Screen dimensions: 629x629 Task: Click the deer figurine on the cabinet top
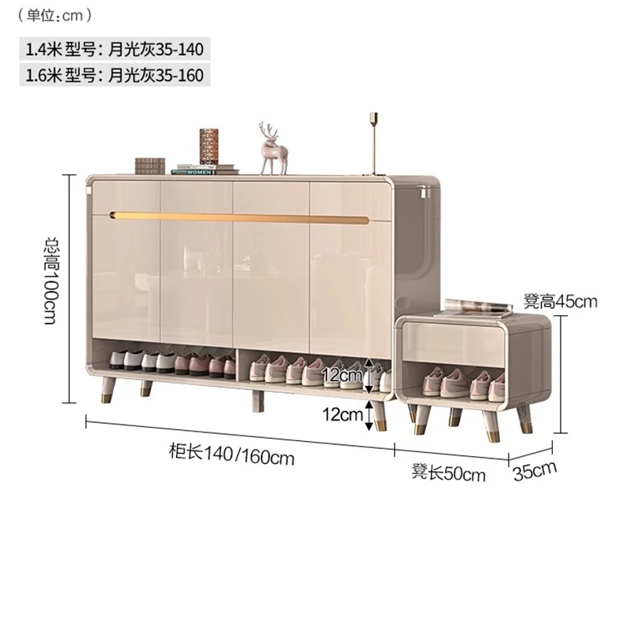click(272, 149)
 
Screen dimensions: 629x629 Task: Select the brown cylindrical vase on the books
click(208, 146)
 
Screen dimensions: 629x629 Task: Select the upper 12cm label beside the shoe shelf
click(343, 376)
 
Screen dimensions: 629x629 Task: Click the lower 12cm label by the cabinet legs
click(343, 414)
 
